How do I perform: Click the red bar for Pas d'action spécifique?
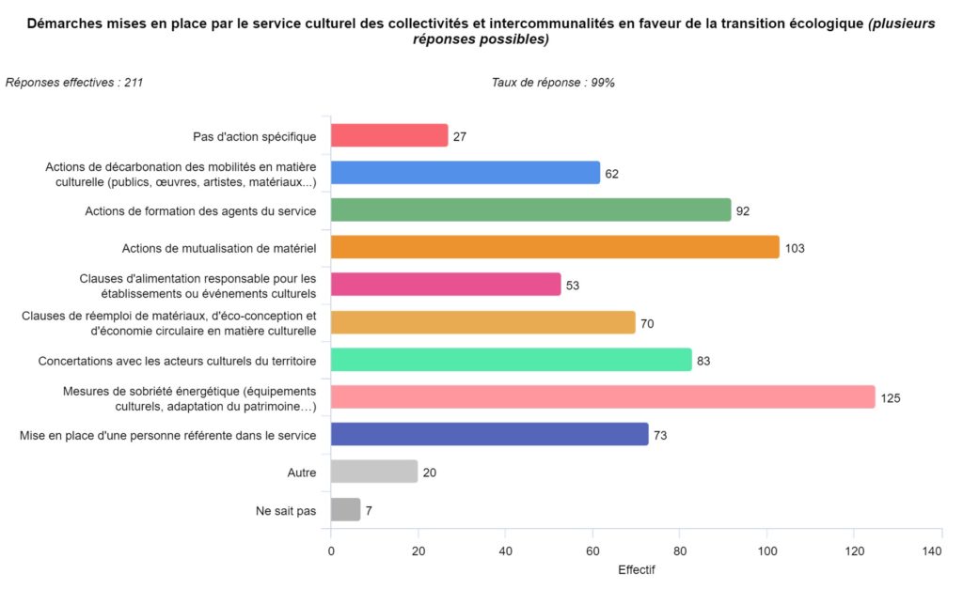click(389, 135)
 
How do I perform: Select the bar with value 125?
click(603, 397)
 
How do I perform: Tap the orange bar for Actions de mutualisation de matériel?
click(555, 247)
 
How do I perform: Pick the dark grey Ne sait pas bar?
click(346, 510)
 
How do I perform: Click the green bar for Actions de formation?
click(530, 209)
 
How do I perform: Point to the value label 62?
click(612, 174)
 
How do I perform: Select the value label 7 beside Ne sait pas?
click(370, 510)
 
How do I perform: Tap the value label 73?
click(661, 435)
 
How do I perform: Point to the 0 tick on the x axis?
click(331, 550)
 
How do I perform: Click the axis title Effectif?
click(636, 570)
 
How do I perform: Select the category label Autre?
click(302, 473)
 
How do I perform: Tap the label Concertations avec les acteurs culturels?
click(177, 361)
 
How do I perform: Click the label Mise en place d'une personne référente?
click(167, 435)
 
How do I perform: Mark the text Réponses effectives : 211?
click(74, 83)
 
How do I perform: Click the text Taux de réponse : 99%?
click(553, 83)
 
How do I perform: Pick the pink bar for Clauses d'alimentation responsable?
click(446, 285)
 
